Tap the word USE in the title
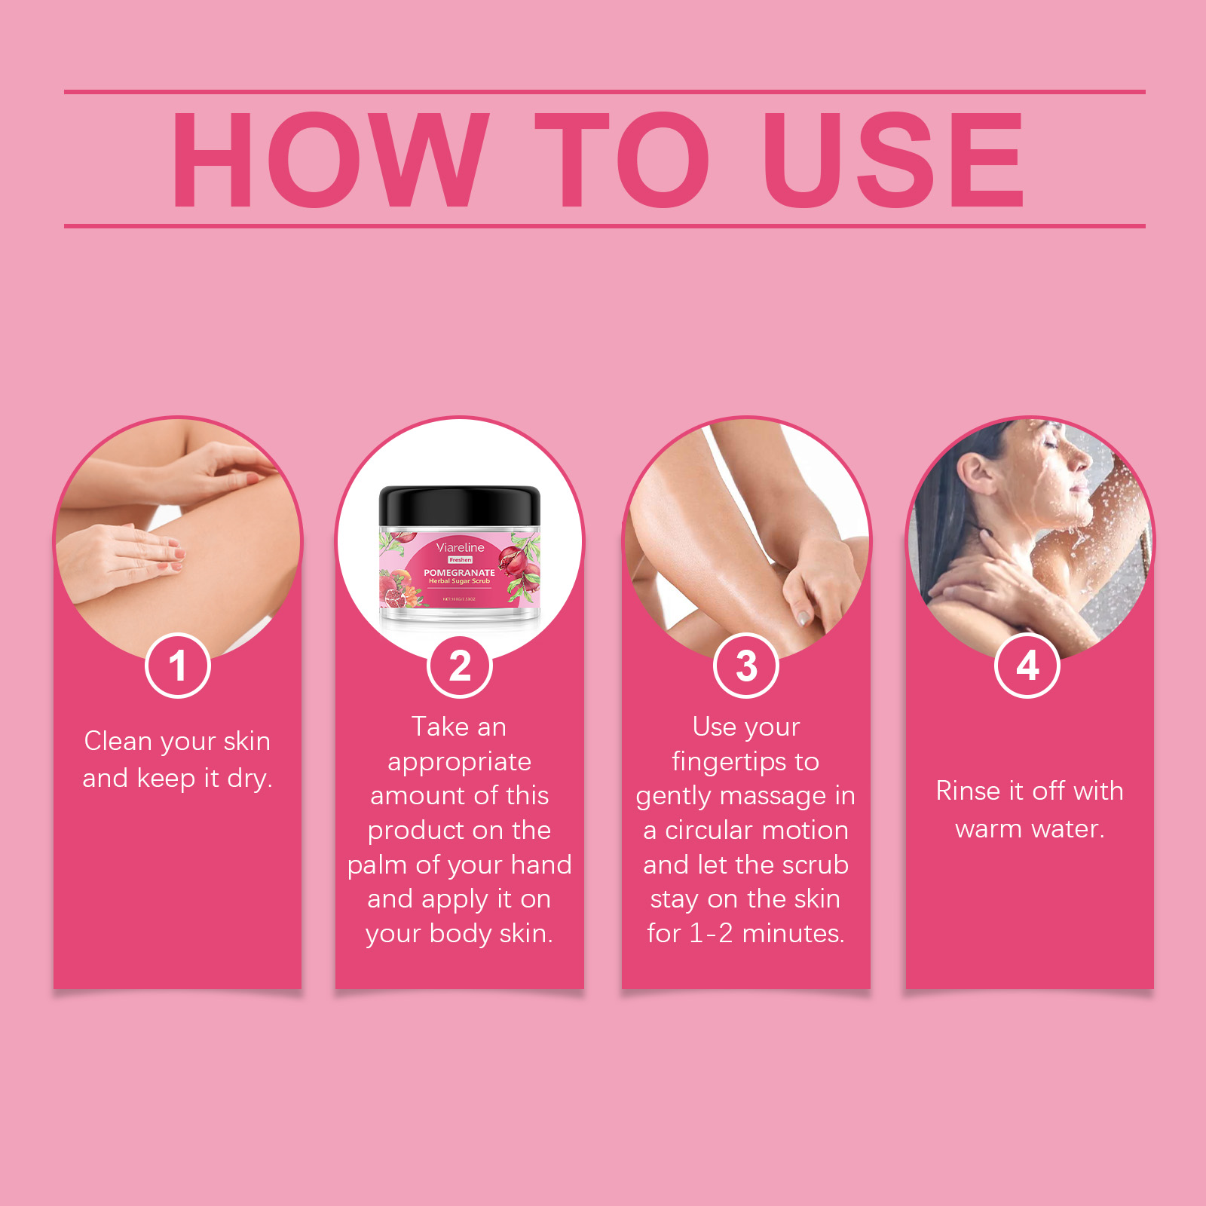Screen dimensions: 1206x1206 click(x=893, y=159)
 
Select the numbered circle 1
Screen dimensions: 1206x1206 click(x=178, y=666)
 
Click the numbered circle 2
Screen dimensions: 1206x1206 click(x=460, y=666)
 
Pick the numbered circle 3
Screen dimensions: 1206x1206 click(x=746, y=666)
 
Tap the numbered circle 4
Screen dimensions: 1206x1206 click(x=1027, y=666)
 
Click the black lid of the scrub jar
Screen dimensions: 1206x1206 click(x=460, y=505)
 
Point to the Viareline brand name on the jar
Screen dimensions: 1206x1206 click(x=460, y=547)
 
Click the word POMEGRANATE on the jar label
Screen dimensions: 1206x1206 click(x=459, y=573)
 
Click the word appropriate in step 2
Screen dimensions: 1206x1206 click(x=459, y=762)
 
